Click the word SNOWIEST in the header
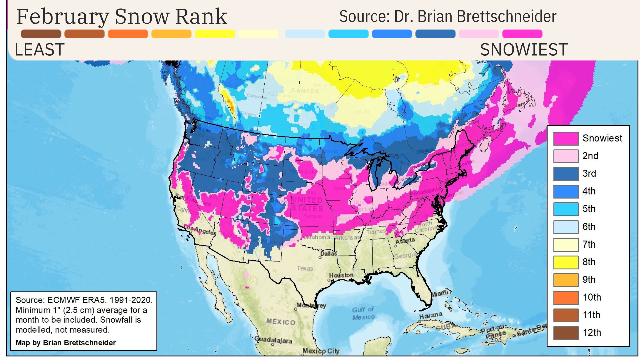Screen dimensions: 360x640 coord(524,50)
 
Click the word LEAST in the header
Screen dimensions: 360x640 coord(39,50)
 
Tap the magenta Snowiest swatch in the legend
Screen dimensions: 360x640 coord(566,138)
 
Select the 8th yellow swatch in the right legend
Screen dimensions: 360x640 coord(566,262)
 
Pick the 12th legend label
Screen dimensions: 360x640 coord(592,333)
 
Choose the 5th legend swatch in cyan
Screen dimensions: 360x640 coord(566,209)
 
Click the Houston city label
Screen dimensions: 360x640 coord(341,275)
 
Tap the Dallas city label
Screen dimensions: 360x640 coord(329,254)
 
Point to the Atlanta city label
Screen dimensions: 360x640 coord(405,241)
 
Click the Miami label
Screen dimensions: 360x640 coord(440,294)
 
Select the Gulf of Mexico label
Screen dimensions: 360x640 coord(363,313)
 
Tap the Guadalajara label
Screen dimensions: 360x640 coord(273,340)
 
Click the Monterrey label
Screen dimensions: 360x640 coord(311,305)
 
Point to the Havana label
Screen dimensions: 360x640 coord(431,315)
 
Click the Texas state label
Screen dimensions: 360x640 coord(305,268)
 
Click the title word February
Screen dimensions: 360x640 coord(63,17)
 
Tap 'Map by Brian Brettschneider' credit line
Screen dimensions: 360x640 coord(66,343)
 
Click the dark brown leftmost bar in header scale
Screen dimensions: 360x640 coord(41,34)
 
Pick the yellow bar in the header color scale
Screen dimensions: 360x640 coord(215,34)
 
